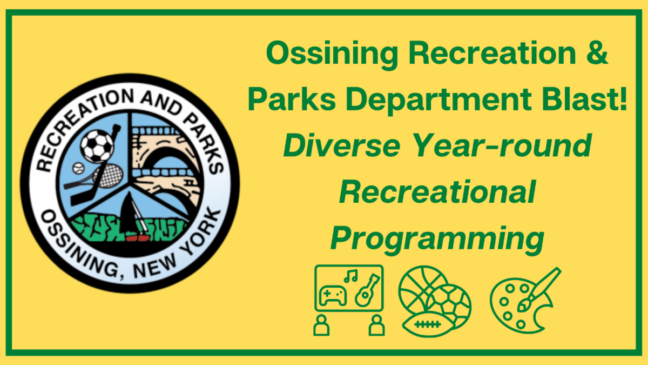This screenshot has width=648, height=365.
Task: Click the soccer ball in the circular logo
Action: click(97, 146)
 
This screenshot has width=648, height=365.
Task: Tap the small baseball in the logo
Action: click(78, 168)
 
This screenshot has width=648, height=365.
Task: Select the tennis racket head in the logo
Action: click(111, 176)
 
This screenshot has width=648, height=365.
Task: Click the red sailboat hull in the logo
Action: click(137, 238)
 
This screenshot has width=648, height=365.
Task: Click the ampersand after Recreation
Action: click(597, 52)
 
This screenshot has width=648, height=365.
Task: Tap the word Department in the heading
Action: click(439, 100)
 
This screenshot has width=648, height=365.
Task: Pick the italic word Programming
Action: click(437, 240)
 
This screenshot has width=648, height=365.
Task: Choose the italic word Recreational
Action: click(438, 192)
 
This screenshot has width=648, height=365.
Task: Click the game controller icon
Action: click(333, 295)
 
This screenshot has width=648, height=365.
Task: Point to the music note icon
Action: click(351, 276)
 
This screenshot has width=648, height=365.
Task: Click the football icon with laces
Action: click(428, 324)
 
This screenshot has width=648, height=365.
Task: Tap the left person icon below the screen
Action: click(321, 326)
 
